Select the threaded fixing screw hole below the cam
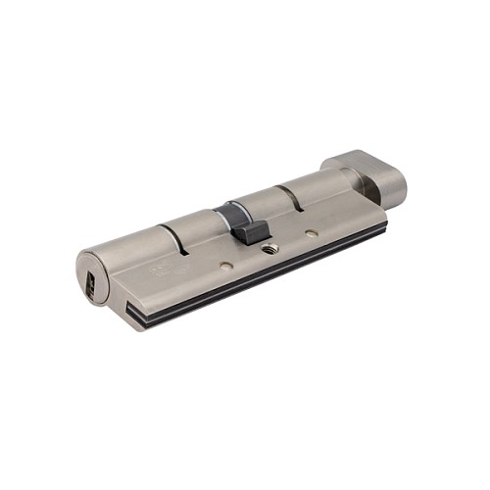tap(270, 248)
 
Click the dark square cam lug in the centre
tap(252, 232)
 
